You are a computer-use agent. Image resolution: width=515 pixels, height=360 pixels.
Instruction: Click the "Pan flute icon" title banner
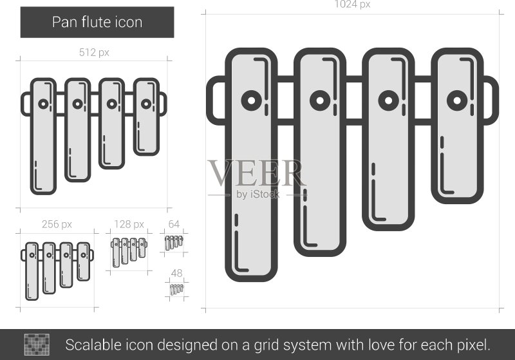coord(97,23)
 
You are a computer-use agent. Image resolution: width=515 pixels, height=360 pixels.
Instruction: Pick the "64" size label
coord(174,224)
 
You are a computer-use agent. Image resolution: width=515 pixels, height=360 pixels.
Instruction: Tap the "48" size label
coord(176,273)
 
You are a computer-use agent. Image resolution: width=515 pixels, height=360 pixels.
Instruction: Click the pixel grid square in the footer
coord(37,345)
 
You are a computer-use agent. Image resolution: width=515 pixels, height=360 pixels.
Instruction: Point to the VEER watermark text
coord(256,173)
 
